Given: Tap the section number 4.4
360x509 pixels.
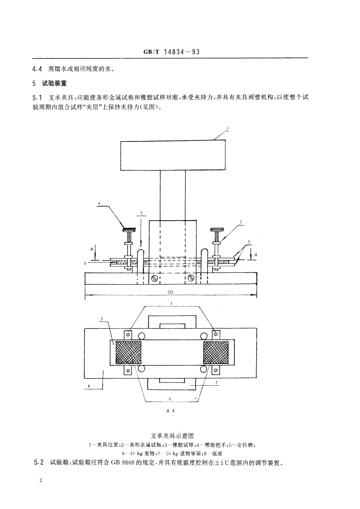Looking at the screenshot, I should coord(38,69).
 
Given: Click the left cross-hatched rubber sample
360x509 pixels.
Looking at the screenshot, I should coord(129,352).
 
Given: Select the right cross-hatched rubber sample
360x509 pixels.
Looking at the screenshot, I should coord(215,352).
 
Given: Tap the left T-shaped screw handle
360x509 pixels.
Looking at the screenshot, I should coord(131,229).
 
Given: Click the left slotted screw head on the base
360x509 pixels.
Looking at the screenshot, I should coord(155,277).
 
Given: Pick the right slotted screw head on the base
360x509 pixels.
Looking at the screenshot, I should coord(191,277).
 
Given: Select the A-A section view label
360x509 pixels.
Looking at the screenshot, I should coord(171,411).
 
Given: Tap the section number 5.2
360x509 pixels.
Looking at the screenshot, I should coord(39,463).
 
